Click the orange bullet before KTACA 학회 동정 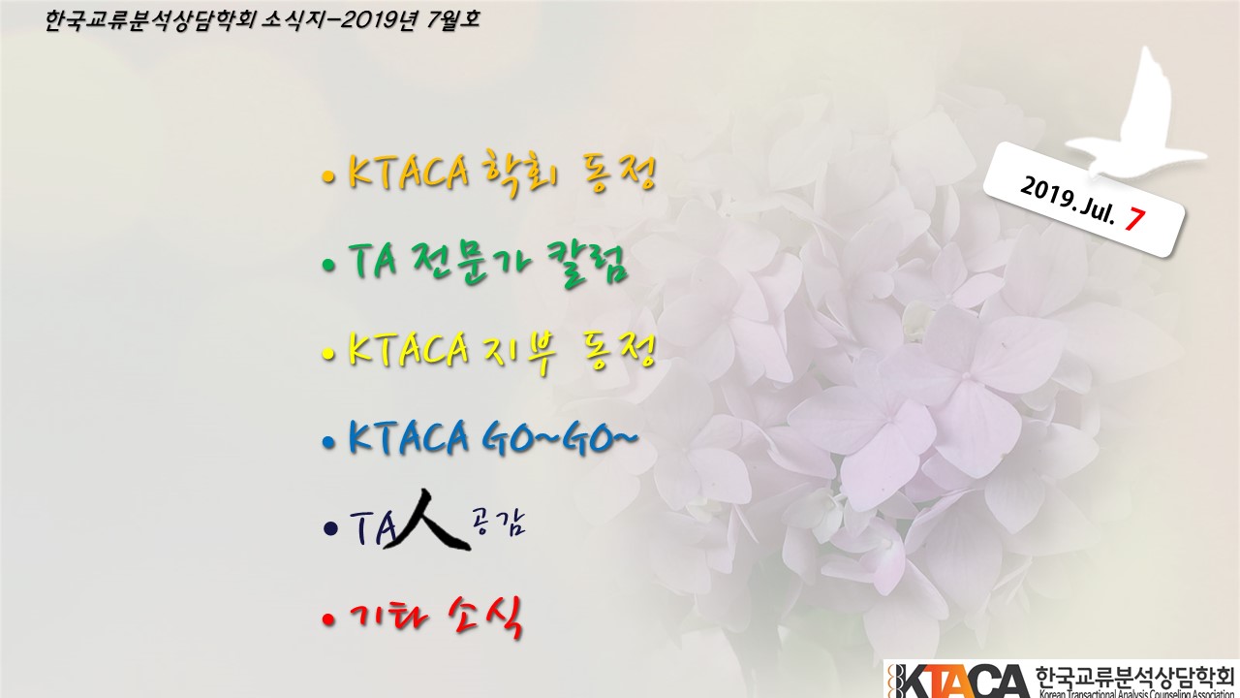[x=328, y=177]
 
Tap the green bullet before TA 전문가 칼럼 [x=328, y=266]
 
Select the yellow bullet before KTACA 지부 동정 [x=328, y=354]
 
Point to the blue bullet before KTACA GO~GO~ [x=328, y=442]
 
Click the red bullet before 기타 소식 [x=328, y=619]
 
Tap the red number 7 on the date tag [x=1133, y=218]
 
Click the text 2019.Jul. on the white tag [x=1068, y=201]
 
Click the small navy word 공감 [x=498, y=523]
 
